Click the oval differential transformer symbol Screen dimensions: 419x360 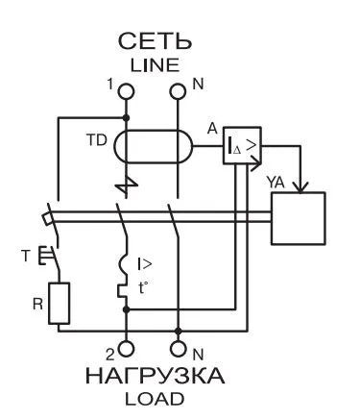click(153, 147)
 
